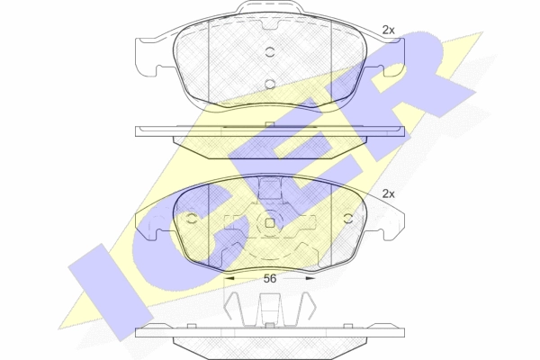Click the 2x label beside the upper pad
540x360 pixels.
(388, 31)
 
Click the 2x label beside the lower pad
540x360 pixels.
(388, 194)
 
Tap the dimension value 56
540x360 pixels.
(270, 278)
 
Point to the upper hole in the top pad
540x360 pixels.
(270, 52)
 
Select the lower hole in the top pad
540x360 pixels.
(270, 84)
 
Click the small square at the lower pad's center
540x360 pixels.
(270, 223)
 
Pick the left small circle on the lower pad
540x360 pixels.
(191, 218)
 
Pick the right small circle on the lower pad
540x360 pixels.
(348, 218)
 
